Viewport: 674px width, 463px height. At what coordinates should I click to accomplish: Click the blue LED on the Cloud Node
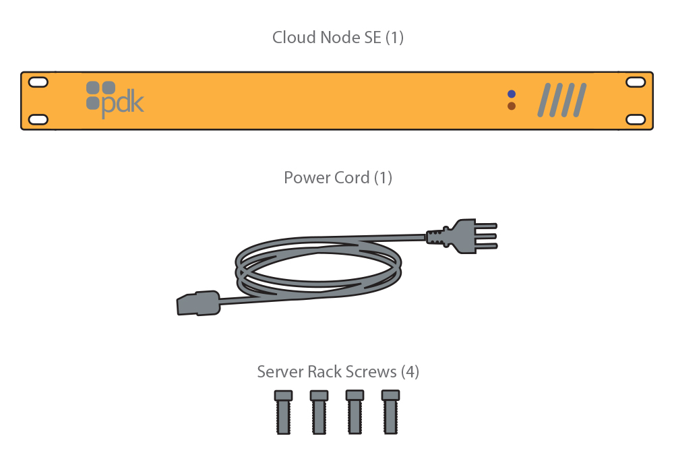coord(512,94)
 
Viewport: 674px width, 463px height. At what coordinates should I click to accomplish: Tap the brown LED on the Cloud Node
coord(512,106)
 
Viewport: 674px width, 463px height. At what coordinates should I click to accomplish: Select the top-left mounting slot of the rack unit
coord(38,82)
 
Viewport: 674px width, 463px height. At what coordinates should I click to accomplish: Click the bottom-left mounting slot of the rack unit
coord(38,119)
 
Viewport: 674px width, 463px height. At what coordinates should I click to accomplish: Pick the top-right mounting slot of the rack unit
coord(636,82)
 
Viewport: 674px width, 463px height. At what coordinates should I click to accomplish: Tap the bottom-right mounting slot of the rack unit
coord(636,119)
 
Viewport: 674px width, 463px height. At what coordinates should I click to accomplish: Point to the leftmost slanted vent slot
coord(543,100)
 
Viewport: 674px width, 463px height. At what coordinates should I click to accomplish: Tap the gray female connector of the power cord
coord(199,303)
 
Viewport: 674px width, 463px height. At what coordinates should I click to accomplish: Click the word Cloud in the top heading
coord(292,38)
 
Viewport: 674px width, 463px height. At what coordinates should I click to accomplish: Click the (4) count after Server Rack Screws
coord(410,372)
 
